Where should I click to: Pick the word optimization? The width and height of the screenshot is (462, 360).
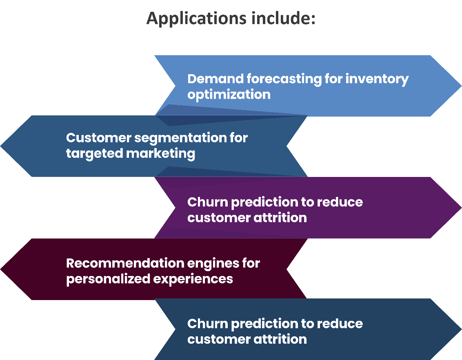point(229,95)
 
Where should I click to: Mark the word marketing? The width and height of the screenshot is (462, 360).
point(160,154)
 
